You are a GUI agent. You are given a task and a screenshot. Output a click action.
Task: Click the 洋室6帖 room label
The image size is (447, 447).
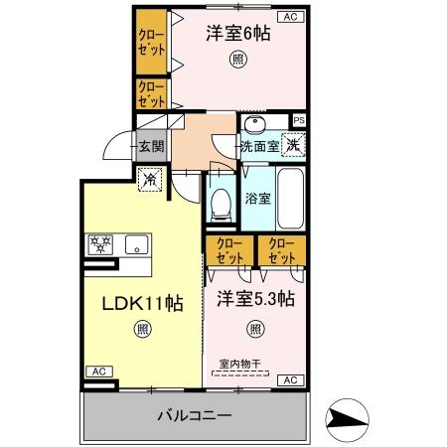click(x=238, y=33)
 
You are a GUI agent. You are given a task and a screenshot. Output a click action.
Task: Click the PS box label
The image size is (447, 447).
click(x=299, y=120)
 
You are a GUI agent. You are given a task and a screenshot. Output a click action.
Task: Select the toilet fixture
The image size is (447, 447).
click(x=222, y=204)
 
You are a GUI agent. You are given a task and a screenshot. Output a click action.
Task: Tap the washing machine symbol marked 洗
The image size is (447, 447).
click(x=293, y=145)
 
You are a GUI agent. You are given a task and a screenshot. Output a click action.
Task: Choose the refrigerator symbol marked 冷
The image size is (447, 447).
click(x=149, y=181)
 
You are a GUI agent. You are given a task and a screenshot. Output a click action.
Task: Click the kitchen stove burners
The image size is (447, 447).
click(x=101, y=245)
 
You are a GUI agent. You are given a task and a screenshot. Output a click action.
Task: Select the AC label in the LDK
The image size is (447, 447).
click(x=98, y=372)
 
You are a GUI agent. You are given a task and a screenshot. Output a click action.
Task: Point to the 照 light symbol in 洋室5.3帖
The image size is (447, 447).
click(x=256, y=328)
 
